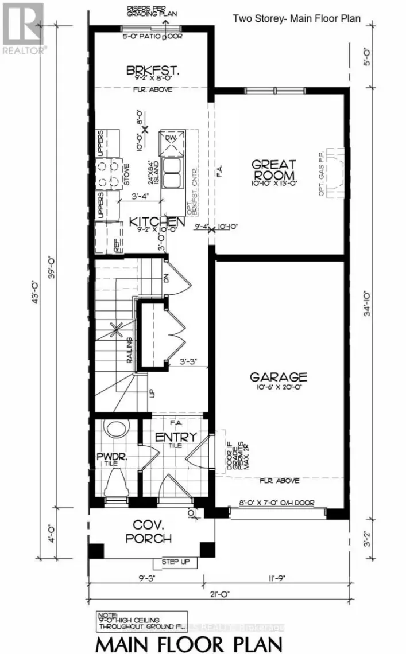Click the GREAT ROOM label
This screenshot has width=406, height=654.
click(273, 170)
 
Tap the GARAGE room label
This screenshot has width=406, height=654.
click(278, 377)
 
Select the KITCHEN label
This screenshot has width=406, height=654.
click(156, 221)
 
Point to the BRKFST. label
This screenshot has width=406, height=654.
click(153, 71)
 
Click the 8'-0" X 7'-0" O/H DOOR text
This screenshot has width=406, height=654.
click(277, 503)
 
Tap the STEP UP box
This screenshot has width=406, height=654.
click(175, 562)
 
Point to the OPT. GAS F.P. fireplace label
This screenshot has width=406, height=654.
click(322, 173)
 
